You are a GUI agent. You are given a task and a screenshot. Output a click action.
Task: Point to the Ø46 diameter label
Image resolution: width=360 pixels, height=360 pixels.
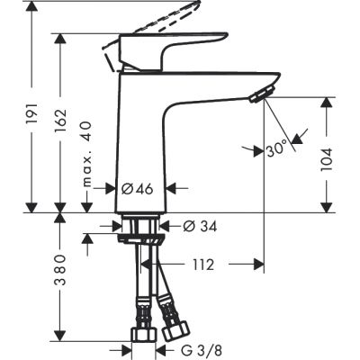pyautogui.click(x=139, y=190)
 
